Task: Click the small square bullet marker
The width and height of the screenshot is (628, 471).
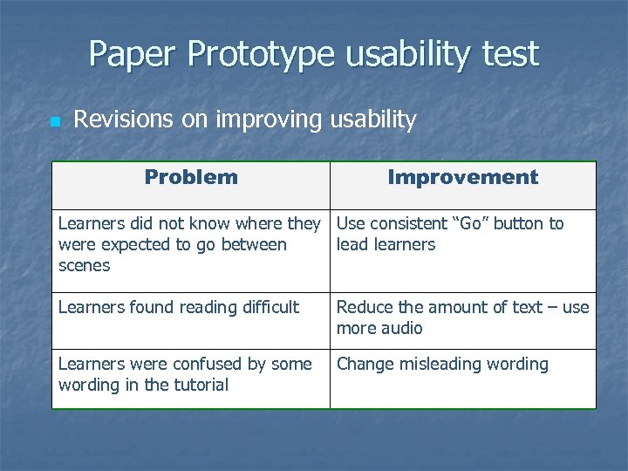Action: coord(54,122)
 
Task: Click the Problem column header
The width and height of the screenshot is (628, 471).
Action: coord(191,177)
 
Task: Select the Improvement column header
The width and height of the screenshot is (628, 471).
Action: coord(462,177)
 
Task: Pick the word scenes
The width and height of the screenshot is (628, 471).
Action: coord(84,266)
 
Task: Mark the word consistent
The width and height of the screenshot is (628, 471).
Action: coord(405,223)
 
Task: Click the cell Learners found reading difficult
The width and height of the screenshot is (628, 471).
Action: coord(178,307)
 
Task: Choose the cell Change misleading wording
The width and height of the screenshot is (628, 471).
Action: coord(442,364)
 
